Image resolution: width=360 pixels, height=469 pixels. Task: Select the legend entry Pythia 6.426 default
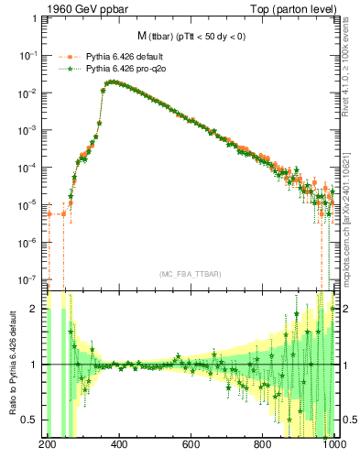pyautogui.click(x=123, y=56)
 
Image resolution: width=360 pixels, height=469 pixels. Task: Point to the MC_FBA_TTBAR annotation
pyautogui.click(x=190, y=274)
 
